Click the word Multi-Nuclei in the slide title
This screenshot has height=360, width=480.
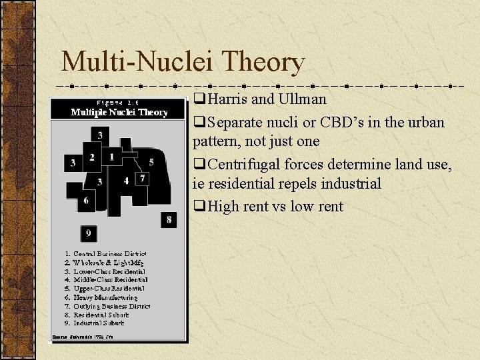(132, 63)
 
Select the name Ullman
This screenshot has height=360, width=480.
(303, 99)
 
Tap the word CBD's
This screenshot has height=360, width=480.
(363, 123)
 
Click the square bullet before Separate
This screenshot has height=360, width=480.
(199, 123)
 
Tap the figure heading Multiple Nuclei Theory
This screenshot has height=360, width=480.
(119, 113)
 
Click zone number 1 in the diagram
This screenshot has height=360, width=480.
(111, 157)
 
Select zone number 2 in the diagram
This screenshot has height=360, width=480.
(92, 158)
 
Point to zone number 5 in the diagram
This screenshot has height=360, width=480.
(151, 162)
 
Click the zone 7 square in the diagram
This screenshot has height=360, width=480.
(142, 178)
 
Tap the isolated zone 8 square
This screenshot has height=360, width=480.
(169, 219)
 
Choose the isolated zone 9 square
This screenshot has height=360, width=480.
(89, 233)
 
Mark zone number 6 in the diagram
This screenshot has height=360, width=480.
(86, 201)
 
